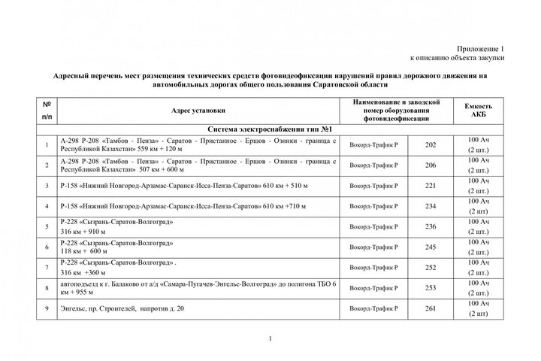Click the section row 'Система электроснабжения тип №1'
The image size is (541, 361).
(270, 129)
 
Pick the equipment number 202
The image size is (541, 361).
(431, 144)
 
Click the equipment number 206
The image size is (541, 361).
(431, 165)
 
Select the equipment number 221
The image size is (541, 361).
(431, 185)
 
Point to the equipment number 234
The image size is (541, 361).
(431, 205)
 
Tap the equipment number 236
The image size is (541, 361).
(431, 226)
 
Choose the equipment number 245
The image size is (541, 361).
(431, 246)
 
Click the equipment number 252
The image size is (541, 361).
(431, 266)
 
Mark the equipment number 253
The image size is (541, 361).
(431, 287)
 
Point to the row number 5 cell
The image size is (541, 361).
(47, 226)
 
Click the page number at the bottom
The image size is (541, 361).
(270, 343)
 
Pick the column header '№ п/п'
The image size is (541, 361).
(47, 110)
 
